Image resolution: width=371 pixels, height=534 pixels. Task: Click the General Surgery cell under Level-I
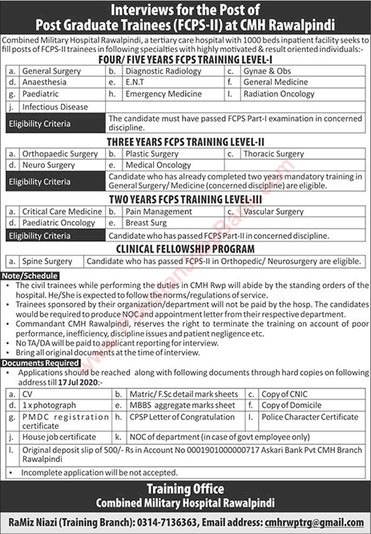[49, 71]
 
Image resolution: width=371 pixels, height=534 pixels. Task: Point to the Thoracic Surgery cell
[276, 152]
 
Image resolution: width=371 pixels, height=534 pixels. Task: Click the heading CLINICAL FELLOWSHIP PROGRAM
[186, 249]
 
